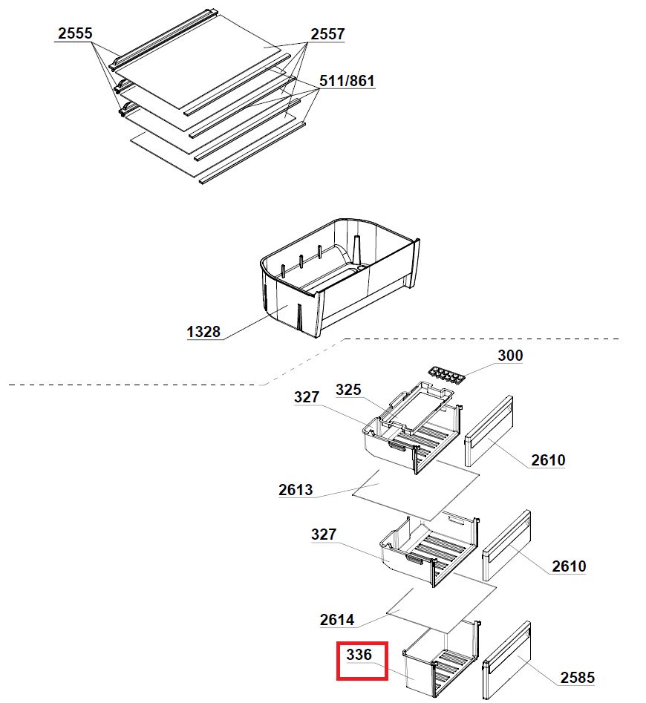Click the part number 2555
coord(75,33)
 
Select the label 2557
coord(327,34)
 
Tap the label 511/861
coord(347,81)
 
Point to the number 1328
coord(203,332)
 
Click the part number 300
coord(510,356)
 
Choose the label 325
coord(348,390)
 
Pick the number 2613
coord(296,490)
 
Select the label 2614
coord(336,620)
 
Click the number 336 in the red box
coord(359,655)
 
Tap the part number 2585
coord(578,678)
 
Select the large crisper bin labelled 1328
coord(339,277)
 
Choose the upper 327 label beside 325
coord(307,397)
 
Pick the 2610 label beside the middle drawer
coord(569,566)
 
